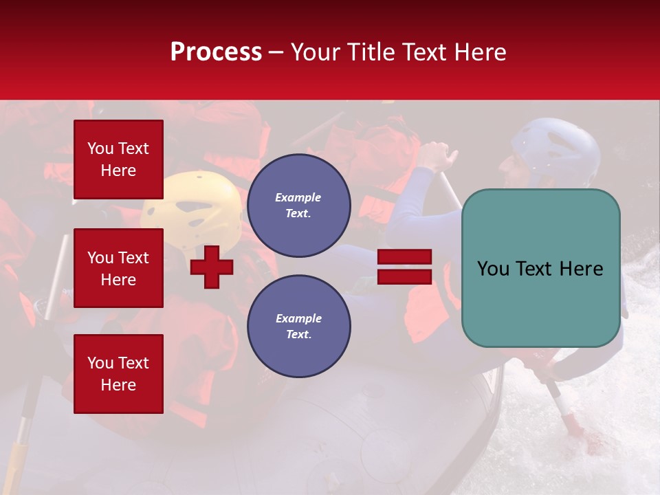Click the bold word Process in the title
click(216, 52)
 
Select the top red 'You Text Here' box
click(118, 159)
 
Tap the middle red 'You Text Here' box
click(118, 268)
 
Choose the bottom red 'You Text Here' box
click(118, 373)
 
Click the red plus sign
click(212, 267)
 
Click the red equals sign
click(404, 267)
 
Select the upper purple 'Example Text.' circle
click(298, 206)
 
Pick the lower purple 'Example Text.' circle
click(298, 327)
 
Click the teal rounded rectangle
click(540, 268)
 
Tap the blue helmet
click(557, 148)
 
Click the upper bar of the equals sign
click(404, 257)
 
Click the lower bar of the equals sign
click(404, 276)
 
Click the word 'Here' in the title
click(481, 52)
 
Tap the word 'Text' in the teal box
click(540, 269)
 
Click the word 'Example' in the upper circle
click(298, 197)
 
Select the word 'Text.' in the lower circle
click(298, 335)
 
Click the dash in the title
click(276, 52)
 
